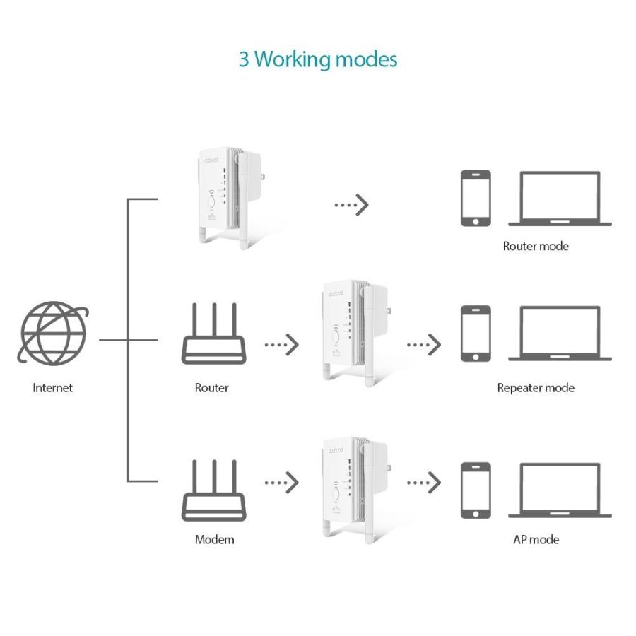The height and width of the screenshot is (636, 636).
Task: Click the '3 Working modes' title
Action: click(x=317, y=59)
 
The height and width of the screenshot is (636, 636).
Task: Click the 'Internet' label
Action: click(x=52, y=388)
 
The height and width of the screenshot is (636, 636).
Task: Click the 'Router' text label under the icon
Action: click(x=211, y=388)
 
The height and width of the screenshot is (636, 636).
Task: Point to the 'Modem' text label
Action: click(x=214, y=540)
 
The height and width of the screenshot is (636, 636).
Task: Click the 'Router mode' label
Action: click(x=535, y=247)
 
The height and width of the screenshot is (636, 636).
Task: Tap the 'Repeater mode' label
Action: click(x=535, y=388)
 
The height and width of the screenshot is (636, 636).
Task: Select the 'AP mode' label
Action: click(x=535, y=540)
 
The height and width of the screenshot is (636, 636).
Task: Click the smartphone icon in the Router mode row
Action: click(x=476, y=198)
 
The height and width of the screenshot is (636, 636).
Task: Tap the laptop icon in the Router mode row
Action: click(x=560, y=199)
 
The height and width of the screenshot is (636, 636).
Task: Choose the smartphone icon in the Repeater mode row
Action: click(x=476, y=334)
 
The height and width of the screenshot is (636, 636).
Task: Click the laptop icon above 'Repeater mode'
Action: click(x=560, y=334)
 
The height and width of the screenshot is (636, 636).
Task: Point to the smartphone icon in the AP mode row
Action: click(x=476, y=490)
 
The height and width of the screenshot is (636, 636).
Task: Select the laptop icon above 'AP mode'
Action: click(x=560, y=490)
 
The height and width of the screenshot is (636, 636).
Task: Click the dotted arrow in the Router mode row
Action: click(x=351, y=205)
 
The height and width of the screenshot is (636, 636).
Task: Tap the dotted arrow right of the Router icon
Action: click(x=281, y=345)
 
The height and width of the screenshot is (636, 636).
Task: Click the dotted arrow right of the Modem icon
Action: click(x=281, y=483)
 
